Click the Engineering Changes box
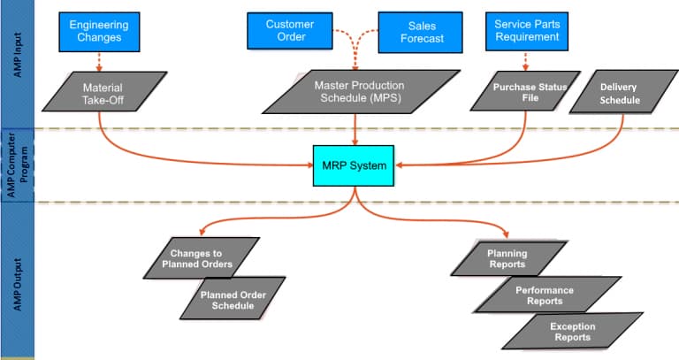(x=99, y=31)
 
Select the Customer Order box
(x=284, y=31)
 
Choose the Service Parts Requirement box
(x=526, y=31)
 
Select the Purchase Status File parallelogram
(x=529, y=93)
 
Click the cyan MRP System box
(x=355, y=165)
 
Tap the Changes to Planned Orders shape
(x=202, y=258)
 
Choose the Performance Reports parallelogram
(x=545, y=295)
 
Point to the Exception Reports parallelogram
(x=571, y=332)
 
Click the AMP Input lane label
(x=17, y=62)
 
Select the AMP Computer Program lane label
(x=17, y=165)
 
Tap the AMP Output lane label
(x=17, y=279)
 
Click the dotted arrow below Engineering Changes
(x=99, y=60)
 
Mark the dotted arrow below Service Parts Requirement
(x=526, y=60)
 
